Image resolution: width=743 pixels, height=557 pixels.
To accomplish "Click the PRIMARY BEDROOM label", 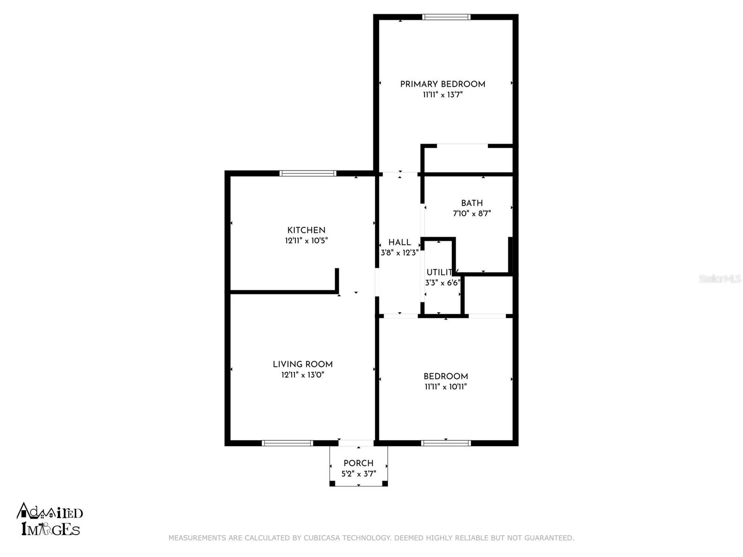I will pyautogui.click(x=443, y=84).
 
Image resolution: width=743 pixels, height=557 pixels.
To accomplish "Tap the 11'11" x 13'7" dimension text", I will pyautogui.click(x=443, y=95).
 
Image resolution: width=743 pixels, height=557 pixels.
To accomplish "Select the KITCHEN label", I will pyautogui.click(x=306, y=230).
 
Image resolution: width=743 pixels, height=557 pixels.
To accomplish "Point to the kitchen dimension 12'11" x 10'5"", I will pyautogui.click(x=306, y=241).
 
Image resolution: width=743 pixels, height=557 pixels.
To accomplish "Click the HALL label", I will pyautogui.click(x=399, y=242).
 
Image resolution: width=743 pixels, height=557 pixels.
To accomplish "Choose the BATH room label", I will pyautogui.click(x=472, y=203).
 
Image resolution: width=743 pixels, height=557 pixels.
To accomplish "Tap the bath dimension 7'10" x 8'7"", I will pyautogui.click(x=472, y=214).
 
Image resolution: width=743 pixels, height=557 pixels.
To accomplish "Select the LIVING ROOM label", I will pyautogui.click(x=302, y=364).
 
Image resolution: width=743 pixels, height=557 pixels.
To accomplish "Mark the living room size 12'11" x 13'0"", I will pyautogui.click(x=302, y=375).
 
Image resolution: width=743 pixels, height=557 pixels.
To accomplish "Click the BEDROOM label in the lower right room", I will pyautogui.click(x=445, y=376).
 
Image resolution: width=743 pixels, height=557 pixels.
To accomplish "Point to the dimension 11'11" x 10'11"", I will pyautogui.click(x=445, y=387).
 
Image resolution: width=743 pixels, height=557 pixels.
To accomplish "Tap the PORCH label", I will pyautogui.click(x=358, y=463).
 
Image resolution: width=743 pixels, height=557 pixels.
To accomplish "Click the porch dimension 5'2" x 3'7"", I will pyautogui.click(x=358, y=474).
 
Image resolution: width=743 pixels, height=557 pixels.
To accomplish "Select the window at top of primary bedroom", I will pyautogui.click(x=446, y=17).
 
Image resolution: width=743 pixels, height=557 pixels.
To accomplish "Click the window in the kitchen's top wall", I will pyautogui.click(x=307, y=174).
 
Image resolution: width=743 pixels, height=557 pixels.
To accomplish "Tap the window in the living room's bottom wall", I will pyautogui.click(x=287, y=443).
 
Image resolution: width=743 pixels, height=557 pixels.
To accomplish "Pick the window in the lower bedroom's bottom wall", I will pyautogui.click(x=446, y=443).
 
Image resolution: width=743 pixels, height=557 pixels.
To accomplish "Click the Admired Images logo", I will pyautogui.click(x=50, y=519).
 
